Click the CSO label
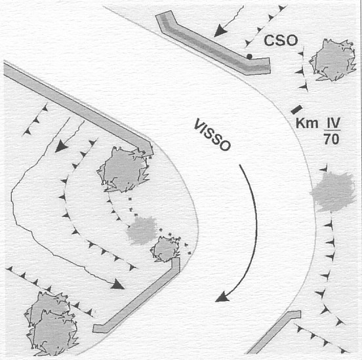pos(281,41)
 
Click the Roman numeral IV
pos(333,123)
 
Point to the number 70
pos(332,139)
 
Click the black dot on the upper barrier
pos(249,56)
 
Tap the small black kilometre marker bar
pos(297,110)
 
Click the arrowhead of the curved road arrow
pos(222,297)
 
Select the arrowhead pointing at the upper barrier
pos(219,31)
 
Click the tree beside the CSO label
pos(332,60)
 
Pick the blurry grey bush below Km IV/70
pos(332,191)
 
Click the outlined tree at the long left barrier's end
pos(124,170)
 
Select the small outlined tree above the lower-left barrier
pos(165,249)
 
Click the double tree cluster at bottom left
pos(52,323)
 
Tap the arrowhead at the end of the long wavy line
pos(117,285)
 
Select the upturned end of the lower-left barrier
pos(176,265)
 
